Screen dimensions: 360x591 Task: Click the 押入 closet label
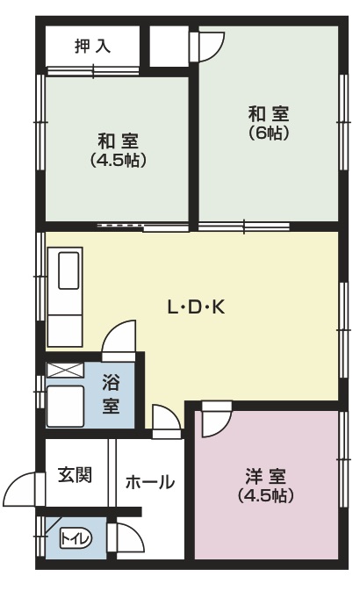pyautogui.click(x=92, y=46)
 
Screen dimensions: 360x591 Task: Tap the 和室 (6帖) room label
pyautogui.click(x=269, y=123)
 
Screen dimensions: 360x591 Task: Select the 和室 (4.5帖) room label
pyautogui.click(x=118, y=150)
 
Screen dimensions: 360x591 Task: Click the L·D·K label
pyautogui.click(x=196, y=308)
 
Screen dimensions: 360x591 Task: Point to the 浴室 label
pyautogui.click(x=112, y=394)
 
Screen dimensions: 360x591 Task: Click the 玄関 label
pyautogui.click(x=75, y=475)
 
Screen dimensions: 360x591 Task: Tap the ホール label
pyautogui.click(x=150, y=482)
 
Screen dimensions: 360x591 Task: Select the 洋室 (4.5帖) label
pyautogui.click(x=266, y=486)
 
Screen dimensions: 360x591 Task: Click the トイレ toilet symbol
pyautogui.click(x=76, y=537)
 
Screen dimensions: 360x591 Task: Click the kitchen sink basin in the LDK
pyautogui.click(x=68, y=270)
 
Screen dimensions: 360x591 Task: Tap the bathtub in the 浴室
pyautogui.click(x=65, y=407)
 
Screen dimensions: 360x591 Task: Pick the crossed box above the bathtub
pyautogui.click(x=65, y=370)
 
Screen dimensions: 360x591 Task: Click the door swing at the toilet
pyautogui.click(x=129, y=539)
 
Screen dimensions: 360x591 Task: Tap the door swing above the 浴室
pyautogui.click(x=119, y=338)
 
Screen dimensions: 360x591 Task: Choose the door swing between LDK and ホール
pyautogui.click(x=166, y=420)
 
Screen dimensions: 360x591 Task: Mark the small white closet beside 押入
pyautogui.click(x=169, y=46)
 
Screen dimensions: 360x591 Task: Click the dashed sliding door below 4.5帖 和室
pyautogui.click(x=120, y=226)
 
